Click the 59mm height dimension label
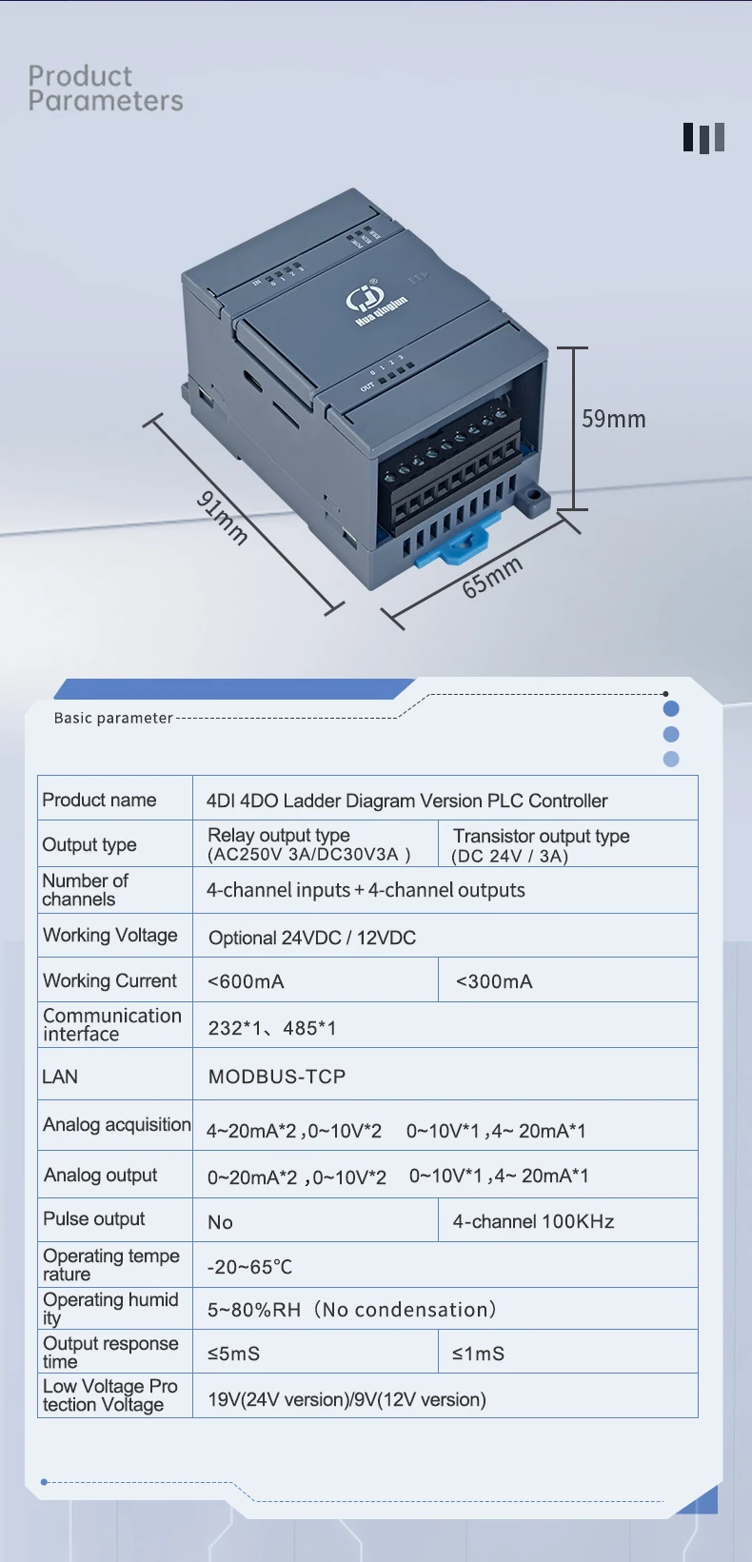(613, 419)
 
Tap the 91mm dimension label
(223, 518)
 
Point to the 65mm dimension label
(492, 577)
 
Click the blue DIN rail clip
(459, 544)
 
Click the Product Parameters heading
(105, 89)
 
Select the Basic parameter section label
(113, 718)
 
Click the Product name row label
(99, 800)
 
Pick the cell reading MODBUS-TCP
(277, 1077)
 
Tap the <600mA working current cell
(246, 981)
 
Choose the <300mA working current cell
(494, 981)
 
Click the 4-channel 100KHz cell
(533, 1221)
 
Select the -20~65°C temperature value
(249, 1267)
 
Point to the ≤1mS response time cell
(478, 1354)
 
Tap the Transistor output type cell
(541, 844)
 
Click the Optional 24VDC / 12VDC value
(312, 938)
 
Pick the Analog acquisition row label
(116, 1125)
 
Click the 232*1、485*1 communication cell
(272, 1028)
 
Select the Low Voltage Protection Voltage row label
(109, 1395)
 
